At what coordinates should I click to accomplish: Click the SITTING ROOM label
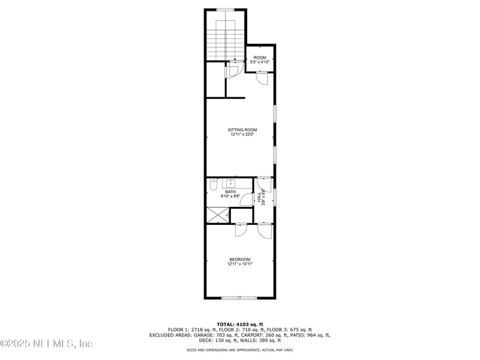pyautogui.click(x=242, y=130)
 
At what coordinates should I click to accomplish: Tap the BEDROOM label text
pyautogui.click(x=239, y=259)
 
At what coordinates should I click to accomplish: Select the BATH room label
pyautogui.click(x=231, y=192)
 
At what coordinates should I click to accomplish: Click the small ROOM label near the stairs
pyautogui.click(x=259, y=58)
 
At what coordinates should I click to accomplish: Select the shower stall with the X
pyautogui.click(x=218, y=215)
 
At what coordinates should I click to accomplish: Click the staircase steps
pyautogui.click(x=224, y=42)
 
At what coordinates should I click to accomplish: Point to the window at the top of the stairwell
pyautogui.click(x=226, y=9)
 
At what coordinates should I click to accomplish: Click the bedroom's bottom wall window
pyautogui.click(x=239, y=298)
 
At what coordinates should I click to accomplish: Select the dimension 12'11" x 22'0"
pyautogui.click(x=242, y=135)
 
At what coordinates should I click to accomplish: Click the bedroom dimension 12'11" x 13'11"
pyautogui.click(x=239, y=264)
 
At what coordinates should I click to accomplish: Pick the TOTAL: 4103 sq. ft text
pyautogui.click(x=240, y=324)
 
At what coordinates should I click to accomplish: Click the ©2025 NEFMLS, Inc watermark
pyautogui.click(x=47, y=344)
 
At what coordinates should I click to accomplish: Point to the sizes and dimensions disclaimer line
pyautogui.click(x=240, y=349)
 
